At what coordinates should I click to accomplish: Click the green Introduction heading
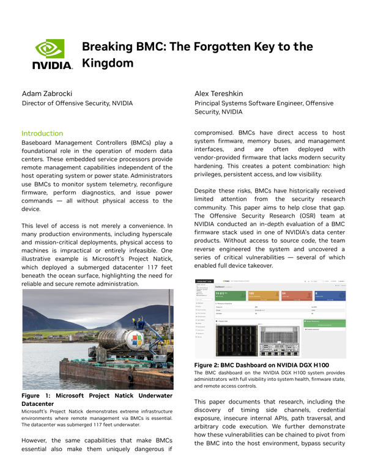pyautogui.click(x=42, y=133)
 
